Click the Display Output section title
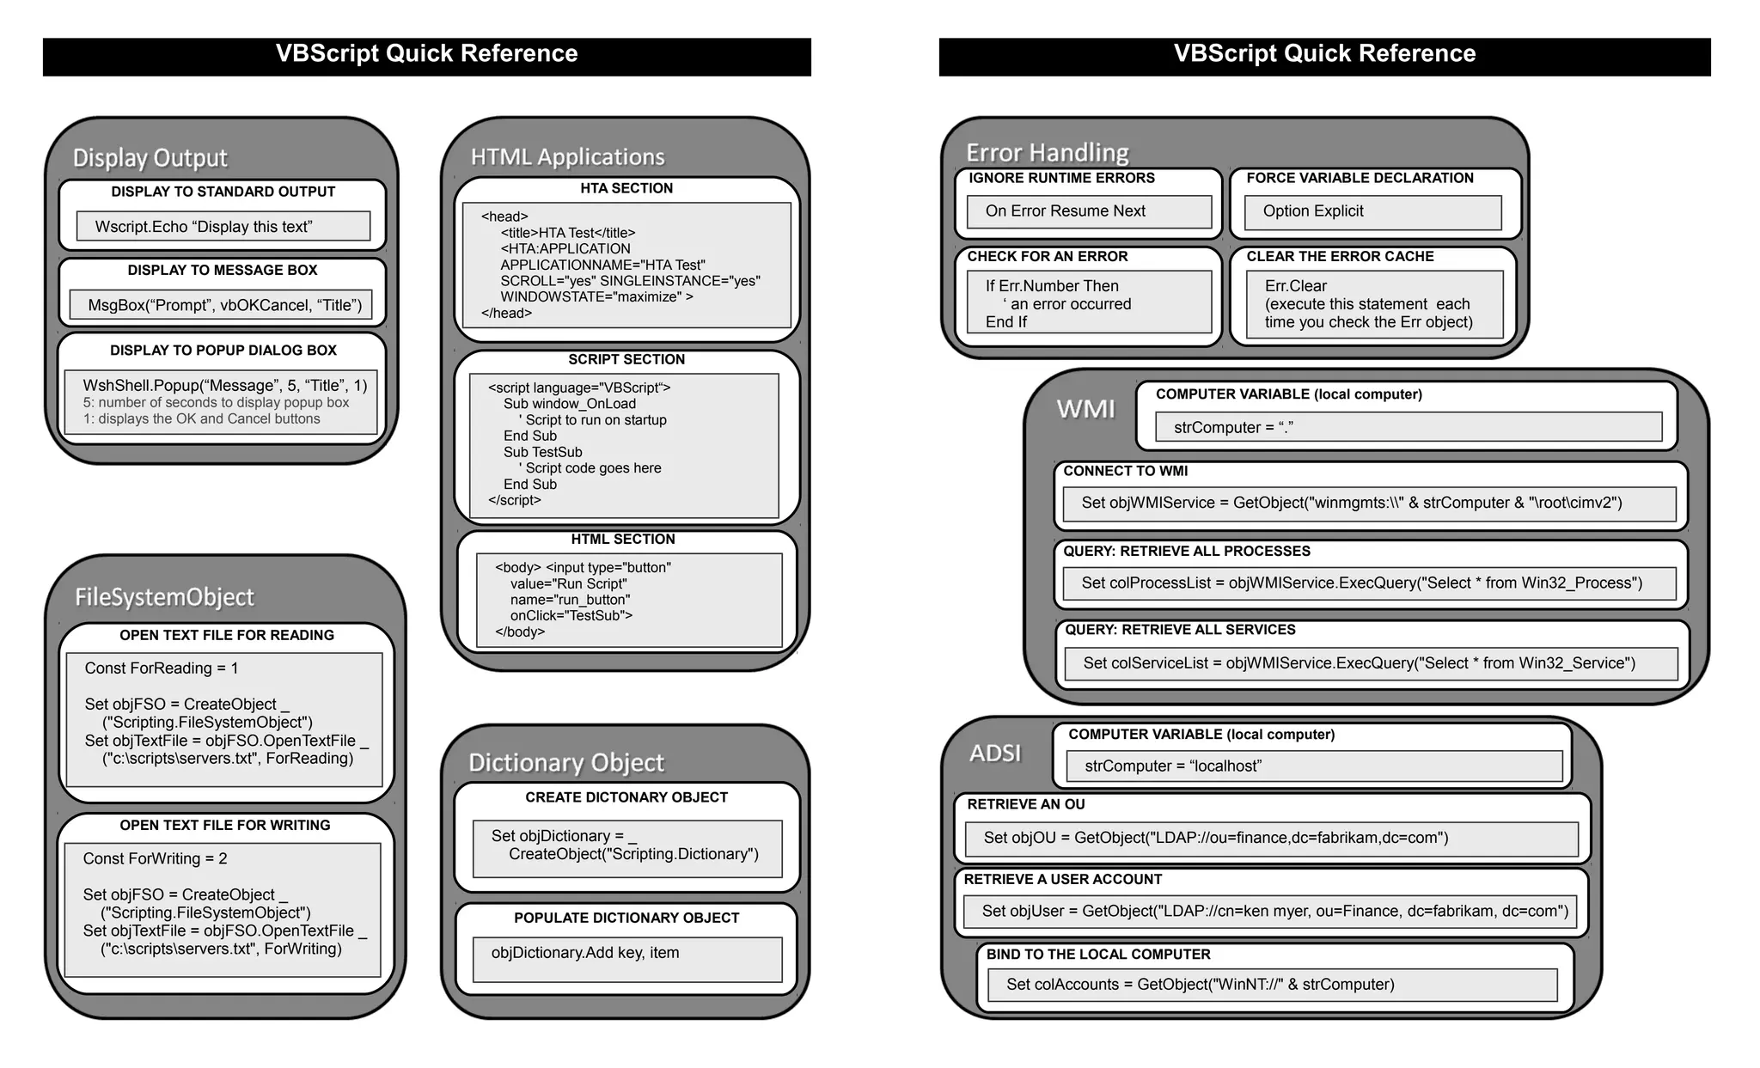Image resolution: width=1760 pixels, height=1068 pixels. (150, 158)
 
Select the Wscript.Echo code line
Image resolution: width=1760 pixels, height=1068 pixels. (204, 227)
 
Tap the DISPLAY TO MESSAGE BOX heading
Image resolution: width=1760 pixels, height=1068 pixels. (223, 270)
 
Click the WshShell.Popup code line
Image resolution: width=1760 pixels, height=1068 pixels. (224, 385)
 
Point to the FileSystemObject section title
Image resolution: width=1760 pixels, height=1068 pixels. (164, 597)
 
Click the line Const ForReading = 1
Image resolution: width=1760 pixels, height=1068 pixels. (162, 668)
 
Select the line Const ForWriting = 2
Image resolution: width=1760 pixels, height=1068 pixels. (155, 858)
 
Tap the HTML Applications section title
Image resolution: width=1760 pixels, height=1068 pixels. (567, 156)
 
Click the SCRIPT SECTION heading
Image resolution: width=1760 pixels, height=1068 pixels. (626, 359)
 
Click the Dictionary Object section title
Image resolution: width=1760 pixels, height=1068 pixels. (566, 762)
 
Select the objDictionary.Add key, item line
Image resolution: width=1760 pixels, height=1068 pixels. (585, 953)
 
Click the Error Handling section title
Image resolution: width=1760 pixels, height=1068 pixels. (1047, 152)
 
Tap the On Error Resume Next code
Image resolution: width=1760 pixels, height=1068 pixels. (1066, 211)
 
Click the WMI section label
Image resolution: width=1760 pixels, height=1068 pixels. (1085, 409)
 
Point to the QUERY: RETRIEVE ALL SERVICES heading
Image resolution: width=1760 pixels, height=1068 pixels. (1180, 630)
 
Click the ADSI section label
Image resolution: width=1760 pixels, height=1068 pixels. (995, 753)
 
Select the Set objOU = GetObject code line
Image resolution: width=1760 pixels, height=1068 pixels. (1216, 838)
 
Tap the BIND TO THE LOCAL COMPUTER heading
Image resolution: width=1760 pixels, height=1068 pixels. (1098, 955)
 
